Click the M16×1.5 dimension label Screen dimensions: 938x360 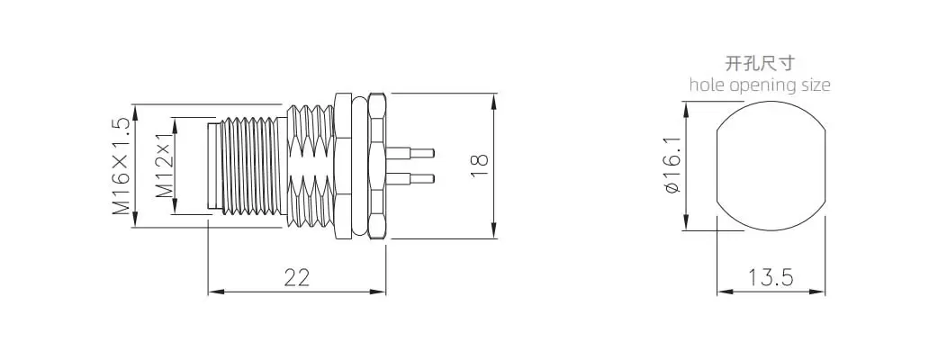pos(121,166)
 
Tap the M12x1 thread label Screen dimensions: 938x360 pos(164,166)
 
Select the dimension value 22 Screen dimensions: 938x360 pos(296,277)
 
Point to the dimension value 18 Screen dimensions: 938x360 pos(480,166)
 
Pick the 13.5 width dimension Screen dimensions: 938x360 pos(771,277)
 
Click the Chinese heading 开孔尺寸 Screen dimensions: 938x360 pos(760,63)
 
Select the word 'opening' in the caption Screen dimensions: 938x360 pos(762,85)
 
